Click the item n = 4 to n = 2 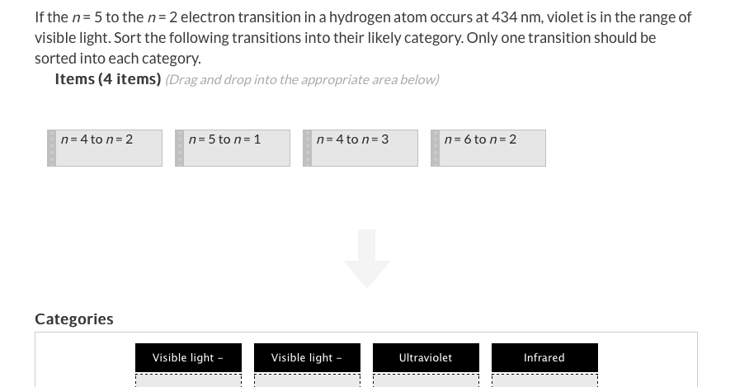point(105,149)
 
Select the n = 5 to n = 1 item point(233,149)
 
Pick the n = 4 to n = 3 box point(360,149)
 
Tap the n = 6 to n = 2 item point(488,149)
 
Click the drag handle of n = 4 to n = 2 point(52,149)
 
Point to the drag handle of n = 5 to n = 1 point(180,149)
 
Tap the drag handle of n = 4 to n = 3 point(308,149)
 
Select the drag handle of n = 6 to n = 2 point(436,149)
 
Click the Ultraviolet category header point(426,358)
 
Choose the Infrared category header point(544,358)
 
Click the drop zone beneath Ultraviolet point(426,380)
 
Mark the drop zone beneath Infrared point(544,380)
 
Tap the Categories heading point(74,319)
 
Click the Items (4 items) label point(108,79)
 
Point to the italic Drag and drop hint point(303,80)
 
